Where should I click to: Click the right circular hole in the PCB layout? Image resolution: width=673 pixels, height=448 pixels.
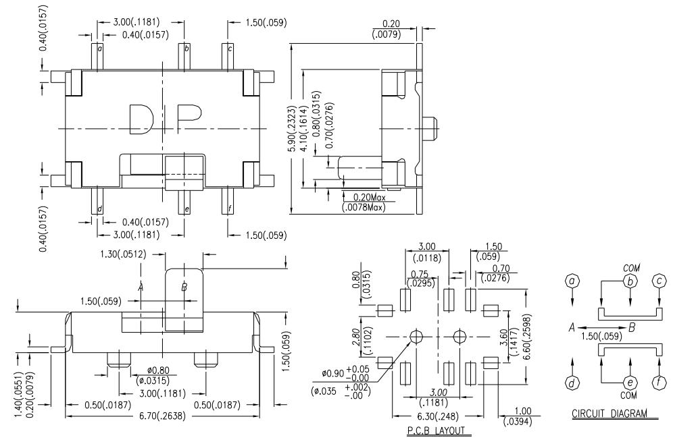pos(460,336)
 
